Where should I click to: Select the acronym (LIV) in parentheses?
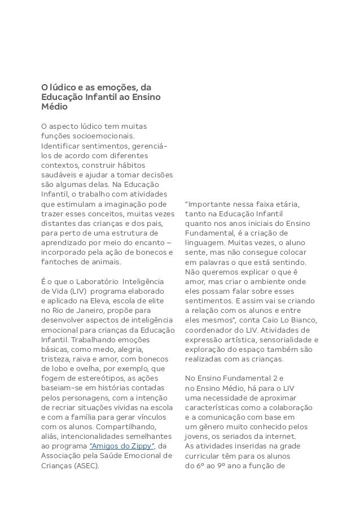tap(62, 291)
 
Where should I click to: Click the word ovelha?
tap(81, 368)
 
